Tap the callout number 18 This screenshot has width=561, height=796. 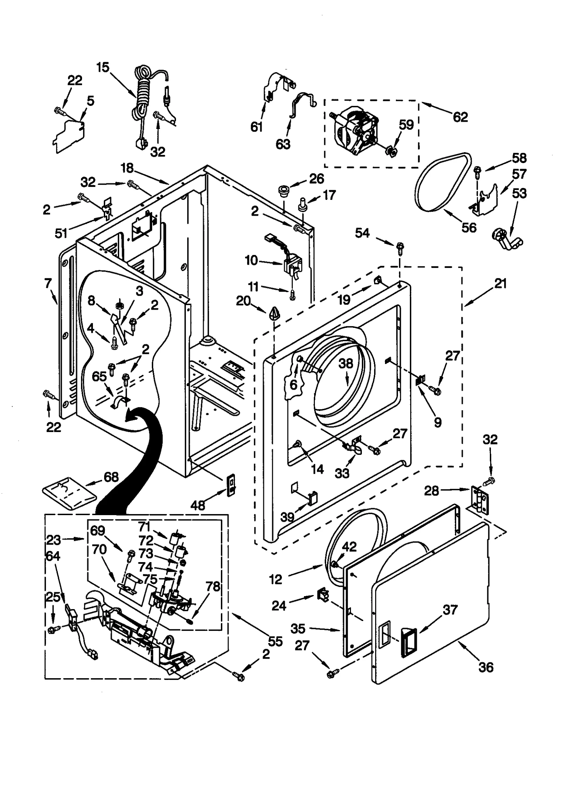(127, 168)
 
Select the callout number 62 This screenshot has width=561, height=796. (460, 117)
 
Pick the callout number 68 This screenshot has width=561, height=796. (111, 477)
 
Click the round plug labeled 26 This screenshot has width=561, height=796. (283, 192)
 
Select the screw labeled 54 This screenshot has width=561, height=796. (399, 247)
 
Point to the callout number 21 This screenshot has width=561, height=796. (500, 283)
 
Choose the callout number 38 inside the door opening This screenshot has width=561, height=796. (345, 363)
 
